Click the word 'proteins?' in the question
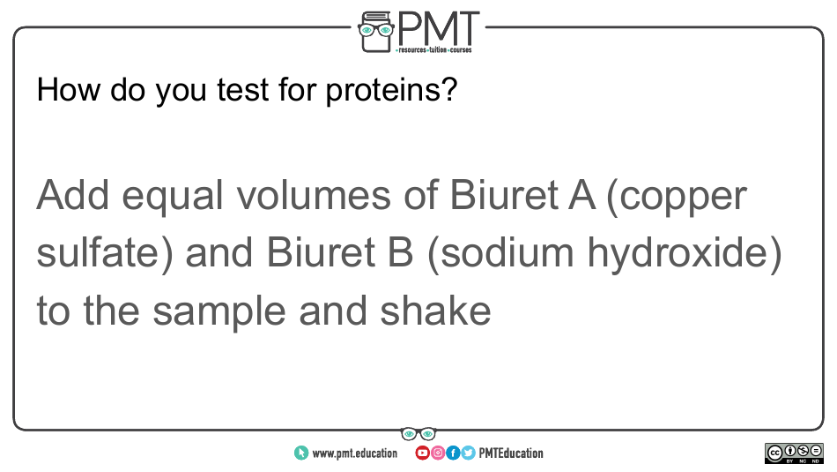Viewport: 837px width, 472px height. (x=391, y=91)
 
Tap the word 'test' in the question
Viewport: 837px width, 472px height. (x=243, y=89)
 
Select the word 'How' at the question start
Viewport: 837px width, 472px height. (x=68, y=89)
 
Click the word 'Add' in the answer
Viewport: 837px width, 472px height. (x=73, y=195)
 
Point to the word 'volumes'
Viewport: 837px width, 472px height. (x=314, y=195)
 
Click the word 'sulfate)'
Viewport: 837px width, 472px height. (x=105, y=253)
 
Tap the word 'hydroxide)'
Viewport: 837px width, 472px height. (x=685, y=253)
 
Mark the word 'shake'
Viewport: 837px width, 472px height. (x=435, y=311)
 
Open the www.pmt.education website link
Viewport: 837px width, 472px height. (x=346, y=453)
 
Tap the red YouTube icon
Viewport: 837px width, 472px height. (x=422, y=453)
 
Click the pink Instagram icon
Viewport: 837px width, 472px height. (x=438, y=453)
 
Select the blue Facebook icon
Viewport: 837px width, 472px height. (x=453, y=453)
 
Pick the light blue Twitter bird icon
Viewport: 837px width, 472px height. (x=468, y=453)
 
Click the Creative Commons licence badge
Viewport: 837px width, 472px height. (x=794, y=453)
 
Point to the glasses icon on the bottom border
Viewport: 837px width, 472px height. (x=418, y=433)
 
